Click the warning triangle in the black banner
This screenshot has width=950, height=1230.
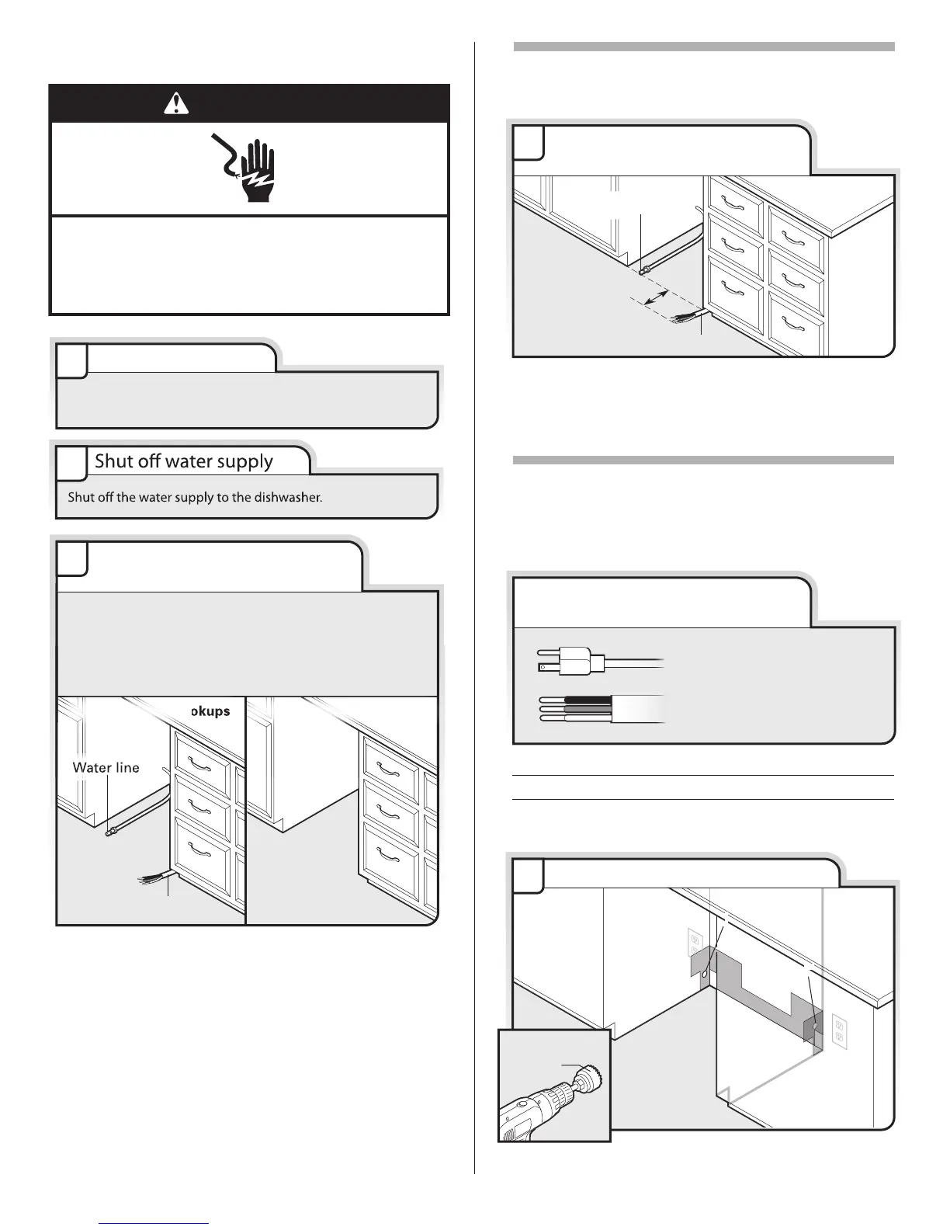point(176,103)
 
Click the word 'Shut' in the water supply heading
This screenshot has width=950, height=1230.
point(111,461)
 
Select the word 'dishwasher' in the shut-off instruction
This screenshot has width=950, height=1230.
point(288,497)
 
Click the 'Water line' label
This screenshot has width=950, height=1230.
point(106,768)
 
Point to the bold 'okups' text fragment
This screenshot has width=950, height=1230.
point(210,711)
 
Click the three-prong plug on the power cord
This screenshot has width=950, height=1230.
point(570,662)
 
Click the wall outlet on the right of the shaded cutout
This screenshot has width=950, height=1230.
point(839,1031)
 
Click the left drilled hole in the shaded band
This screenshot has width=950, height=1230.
point(704,973)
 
